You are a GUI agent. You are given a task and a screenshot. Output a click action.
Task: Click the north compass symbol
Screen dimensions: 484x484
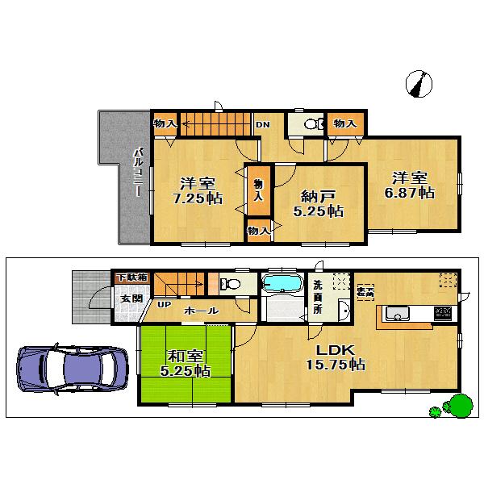click(419, 84)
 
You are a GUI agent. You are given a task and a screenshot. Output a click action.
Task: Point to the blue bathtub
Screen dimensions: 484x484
click(281, 284)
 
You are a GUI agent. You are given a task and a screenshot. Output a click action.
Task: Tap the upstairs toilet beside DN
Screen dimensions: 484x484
click(313, 124)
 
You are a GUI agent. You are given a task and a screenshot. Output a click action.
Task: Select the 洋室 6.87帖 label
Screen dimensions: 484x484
click(414, 185)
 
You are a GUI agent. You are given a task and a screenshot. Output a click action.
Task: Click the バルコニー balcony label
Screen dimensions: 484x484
click(138, 173)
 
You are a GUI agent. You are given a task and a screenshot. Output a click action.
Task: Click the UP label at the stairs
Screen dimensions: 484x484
click(164, 305)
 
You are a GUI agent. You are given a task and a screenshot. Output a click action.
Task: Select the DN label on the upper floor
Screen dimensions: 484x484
click(263, 124)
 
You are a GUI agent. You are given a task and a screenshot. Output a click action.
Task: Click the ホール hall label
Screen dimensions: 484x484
click(199, 311)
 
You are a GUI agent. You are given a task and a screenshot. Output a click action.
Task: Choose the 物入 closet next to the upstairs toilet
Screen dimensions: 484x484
click(345, 123)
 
